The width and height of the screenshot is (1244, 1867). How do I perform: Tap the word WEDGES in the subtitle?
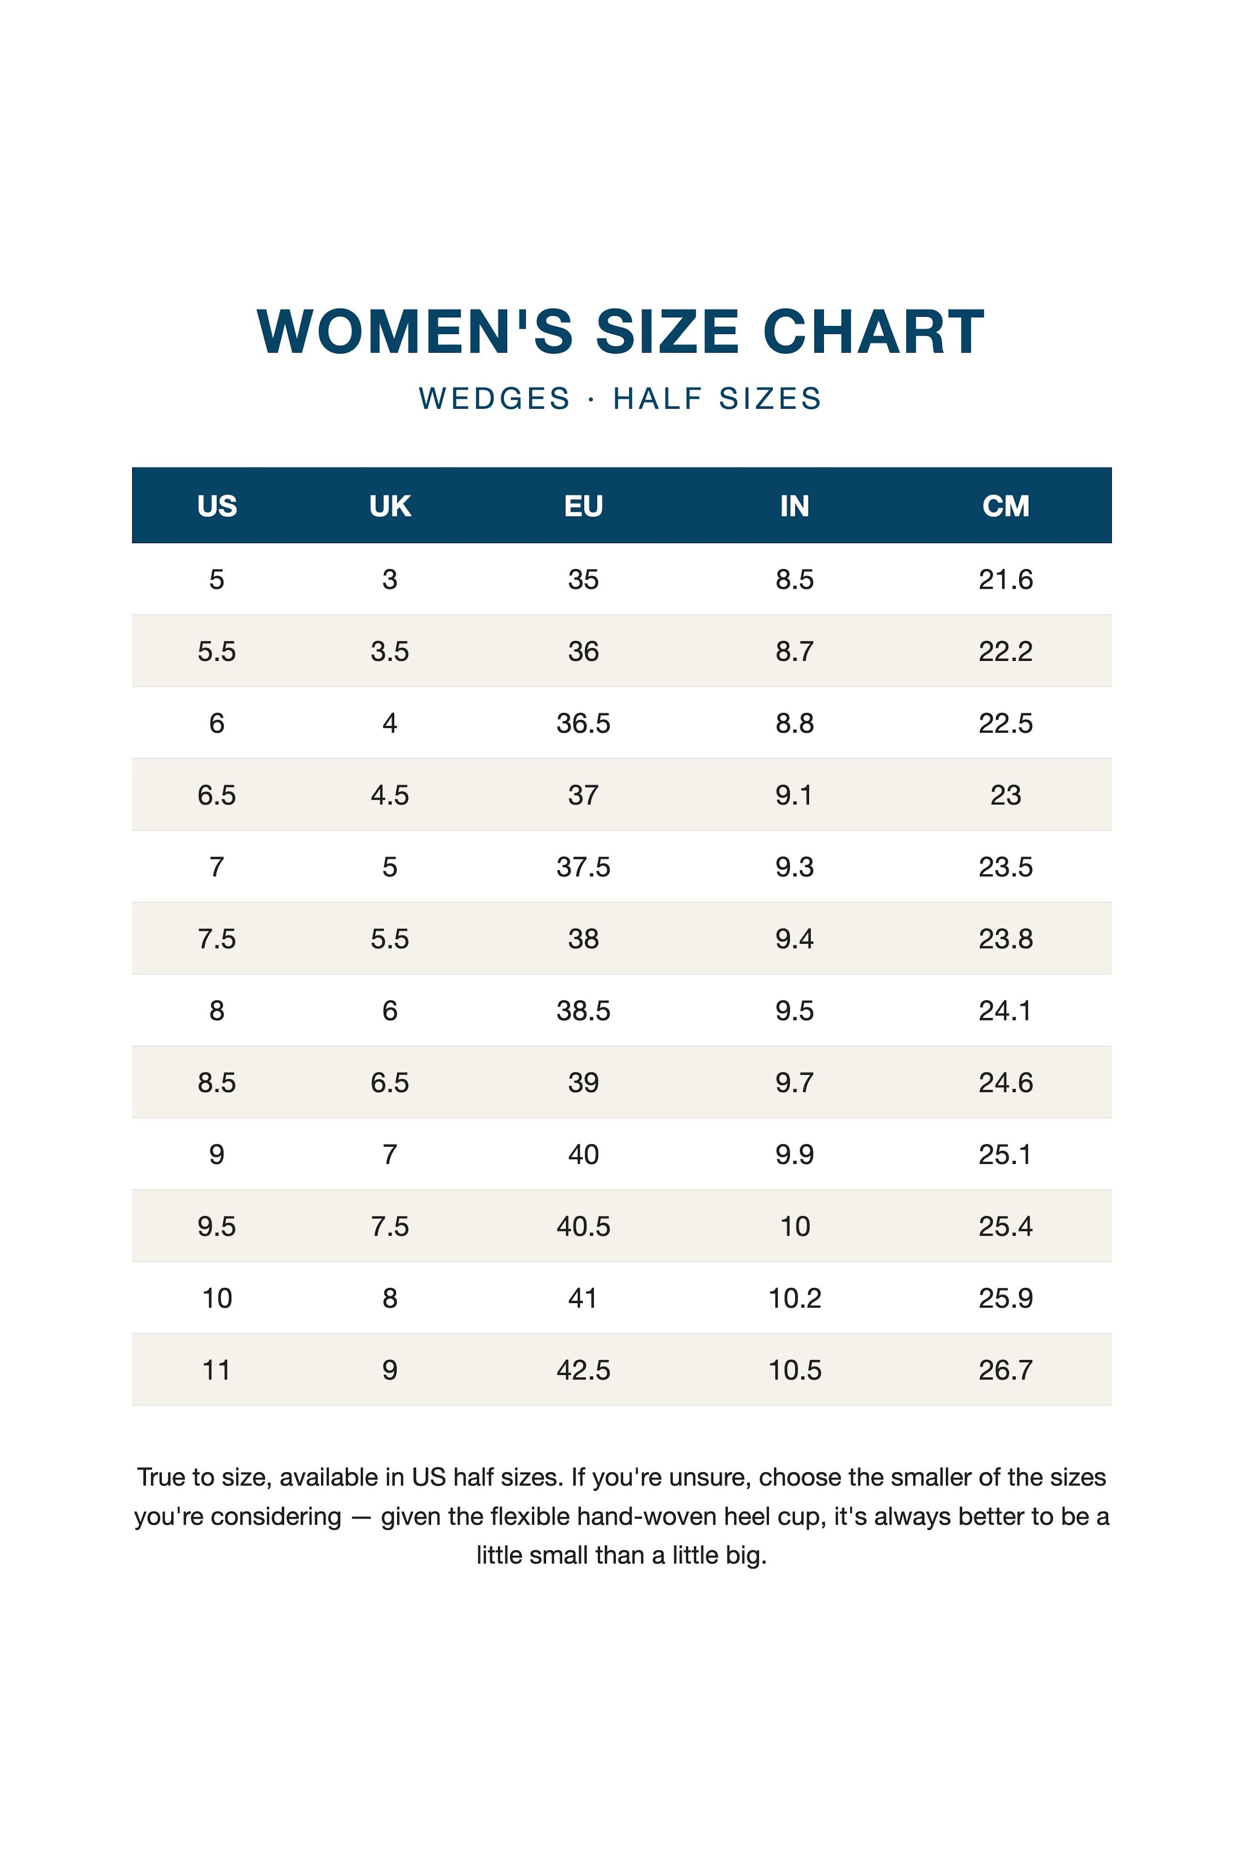point(495,398)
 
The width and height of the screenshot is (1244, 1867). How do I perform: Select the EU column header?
point(583,505)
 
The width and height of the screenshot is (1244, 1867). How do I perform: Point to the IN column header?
point(794,505)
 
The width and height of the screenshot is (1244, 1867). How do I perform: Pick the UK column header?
point(389,505)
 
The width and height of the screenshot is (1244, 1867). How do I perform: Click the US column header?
point(217,505)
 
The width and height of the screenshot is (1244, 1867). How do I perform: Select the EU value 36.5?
point(583,723)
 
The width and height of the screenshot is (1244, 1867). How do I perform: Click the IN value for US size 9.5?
point(794,1226)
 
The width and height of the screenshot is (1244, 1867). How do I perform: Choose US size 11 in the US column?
point(217,1370)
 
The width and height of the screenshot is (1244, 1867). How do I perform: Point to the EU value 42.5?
point(583,1370)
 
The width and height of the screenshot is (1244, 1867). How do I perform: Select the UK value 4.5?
point(389,794)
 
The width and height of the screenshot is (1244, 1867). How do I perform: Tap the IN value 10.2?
point(794,1298)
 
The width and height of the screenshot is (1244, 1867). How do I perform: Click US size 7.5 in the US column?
point(217,939)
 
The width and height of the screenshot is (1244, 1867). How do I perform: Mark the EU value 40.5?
point(583,1226)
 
